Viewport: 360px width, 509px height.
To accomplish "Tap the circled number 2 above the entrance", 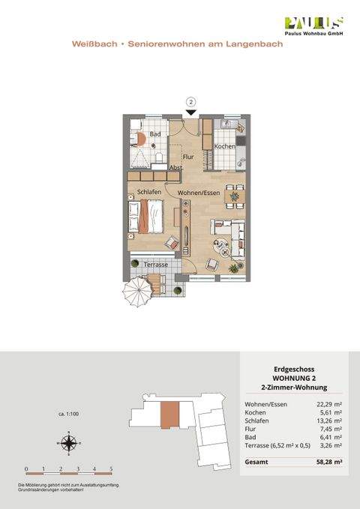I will click(191, 102).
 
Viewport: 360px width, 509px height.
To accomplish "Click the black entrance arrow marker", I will click(191, 112).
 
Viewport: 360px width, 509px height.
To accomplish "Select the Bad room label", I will click(155, 135).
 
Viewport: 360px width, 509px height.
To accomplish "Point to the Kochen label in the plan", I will click(224, 146).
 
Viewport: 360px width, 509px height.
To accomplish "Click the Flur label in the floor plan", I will click(188, 157).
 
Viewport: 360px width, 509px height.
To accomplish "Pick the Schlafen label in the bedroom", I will click(149, 193).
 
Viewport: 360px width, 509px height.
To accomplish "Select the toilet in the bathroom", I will click(160, 156).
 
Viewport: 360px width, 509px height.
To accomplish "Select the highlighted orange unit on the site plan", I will click(172, 415).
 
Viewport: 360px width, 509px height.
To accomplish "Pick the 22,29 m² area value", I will click(328, 405).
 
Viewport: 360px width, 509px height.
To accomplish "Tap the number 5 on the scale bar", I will click(112, 469).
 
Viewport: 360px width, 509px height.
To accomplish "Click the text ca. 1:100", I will click(69, 413).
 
